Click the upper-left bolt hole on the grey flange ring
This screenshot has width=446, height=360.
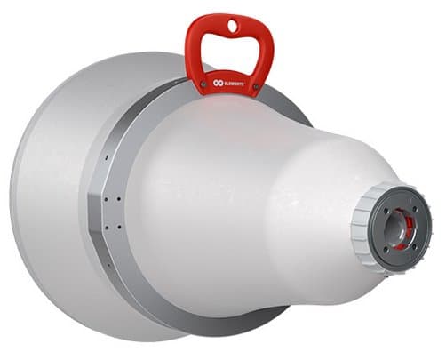tap(106, 198)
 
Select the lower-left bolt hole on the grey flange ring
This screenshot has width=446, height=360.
tap(107, 227)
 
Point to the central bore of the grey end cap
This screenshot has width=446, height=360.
tap(396, 230)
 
